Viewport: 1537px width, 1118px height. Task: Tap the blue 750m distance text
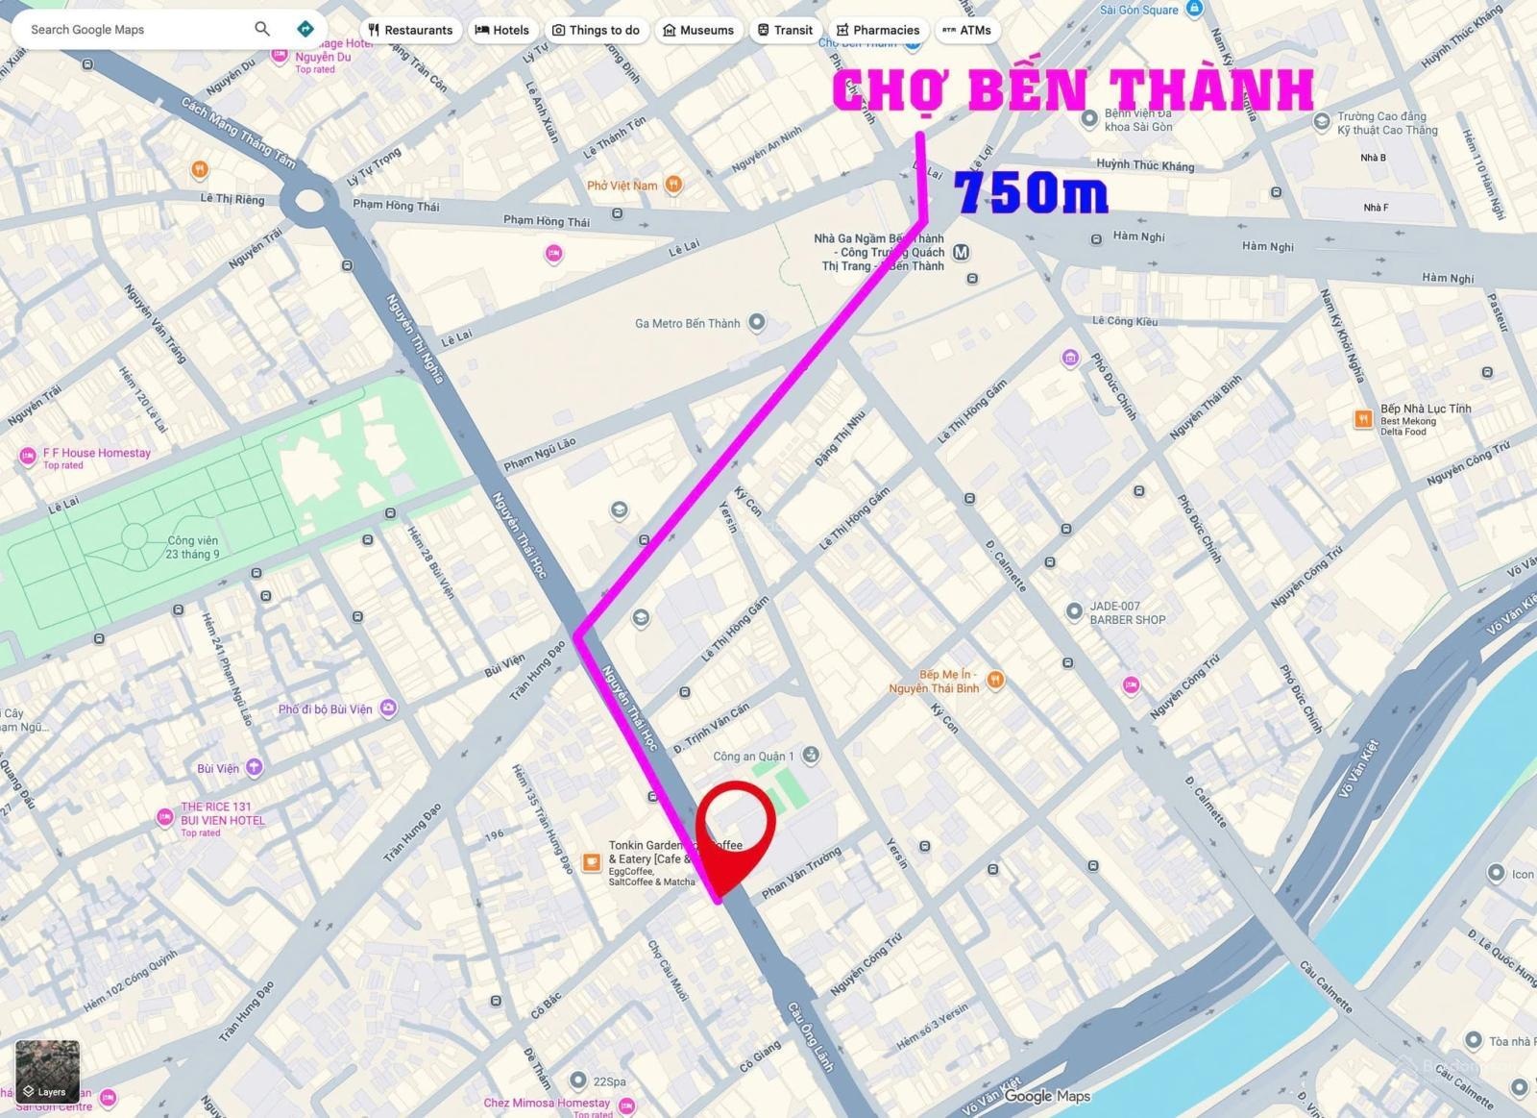(x=1032, y=193)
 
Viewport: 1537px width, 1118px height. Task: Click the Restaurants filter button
(x=410, y=30)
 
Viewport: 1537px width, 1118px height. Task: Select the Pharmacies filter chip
(x=877, y=30)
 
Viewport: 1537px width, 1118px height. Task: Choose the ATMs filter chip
(x=966, y=30)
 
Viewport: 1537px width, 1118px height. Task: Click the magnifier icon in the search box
(x=262, y=29)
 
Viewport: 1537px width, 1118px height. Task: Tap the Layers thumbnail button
(x=47, y=1071)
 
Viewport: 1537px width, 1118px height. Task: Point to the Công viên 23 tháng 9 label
(x=192, y=547)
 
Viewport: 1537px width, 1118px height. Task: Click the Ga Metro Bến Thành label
(x=688, y=323)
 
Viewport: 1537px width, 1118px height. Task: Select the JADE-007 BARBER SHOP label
(x=1127, y=613)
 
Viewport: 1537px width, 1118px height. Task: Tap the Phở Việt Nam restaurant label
(x=622, y=186)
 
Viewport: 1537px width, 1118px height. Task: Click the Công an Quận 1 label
(x=754, y=757)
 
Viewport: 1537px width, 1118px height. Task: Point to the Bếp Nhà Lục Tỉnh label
(x=1426, y=409)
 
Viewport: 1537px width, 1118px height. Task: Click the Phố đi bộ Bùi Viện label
(x=325, y=709)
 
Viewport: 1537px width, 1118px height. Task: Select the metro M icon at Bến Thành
(x=961, y=252)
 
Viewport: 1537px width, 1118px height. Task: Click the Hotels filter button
(x=502, y=30)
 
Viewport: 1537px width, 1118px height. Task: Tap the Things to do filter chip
(x=596, y=30)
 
